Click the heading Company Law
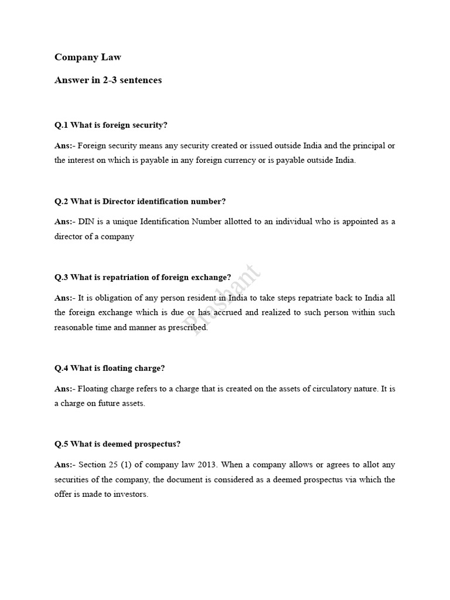(x=88, y=57)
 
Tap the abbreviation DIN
(x=86, y=221)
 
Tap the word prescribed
(x=187, y=328)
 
